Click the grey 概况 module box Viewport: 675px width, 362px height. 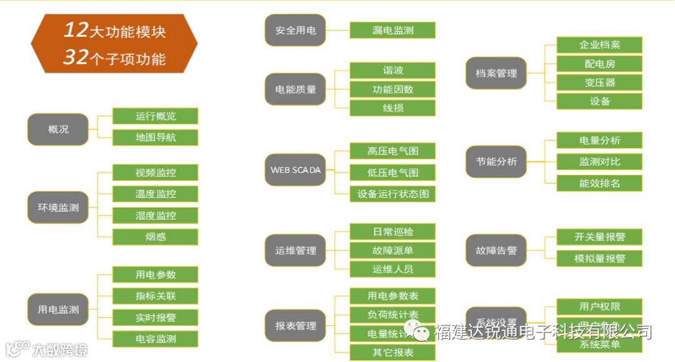coord(58,130)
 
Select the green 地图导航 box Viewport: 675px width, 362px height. coord(156,137)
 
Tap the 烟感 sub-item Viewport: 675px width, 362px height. coord(156,237)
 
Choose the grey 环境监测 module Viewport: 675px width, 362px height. coord(58,208)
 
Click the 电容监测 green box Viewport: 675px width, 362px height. coord(156,339)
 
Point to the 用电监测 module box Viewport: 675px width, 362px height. coord(58,310)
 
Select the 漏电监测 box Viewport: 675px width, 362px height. coord(392,30)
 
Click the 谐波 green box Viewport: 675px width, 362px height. coord(392,71)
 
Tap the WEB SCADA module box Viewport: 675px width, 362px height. coord(296,170)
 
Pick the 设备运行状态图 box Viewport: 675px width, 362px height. coord(392,194)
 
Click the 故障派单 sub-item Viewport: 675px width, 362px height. coord(392,251)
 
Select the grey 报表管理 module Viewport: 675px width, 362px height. coord(296,326)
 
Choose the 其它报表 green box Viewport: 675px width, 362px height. coord(392,353)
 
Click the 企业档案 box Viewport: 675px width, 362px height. coord(599,45)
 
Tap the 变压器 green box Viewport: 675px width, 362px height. coord(599,82)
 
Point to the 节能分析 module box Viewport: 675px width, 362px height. coord(496,162)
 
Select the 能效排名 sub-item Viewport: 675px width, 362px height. coord(599,183)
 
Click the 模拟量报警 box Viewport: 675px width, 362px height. coord(599,258)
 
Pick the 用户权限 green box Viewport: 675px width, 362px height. coord(599,306)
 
